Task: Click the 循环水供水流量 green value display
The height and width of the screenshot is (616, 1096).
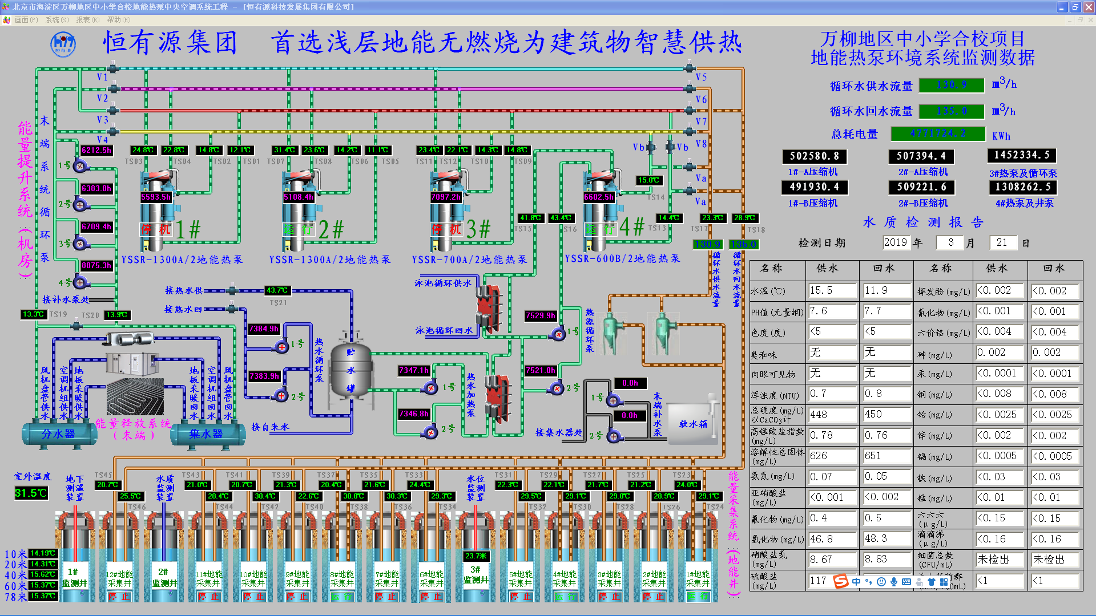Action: [952, 85]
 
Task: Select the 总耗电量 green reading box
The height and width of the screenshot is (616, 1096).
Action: [938, 133]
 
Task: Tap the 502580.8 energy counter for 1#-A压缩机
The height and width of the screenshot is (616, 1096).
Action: [814, 156]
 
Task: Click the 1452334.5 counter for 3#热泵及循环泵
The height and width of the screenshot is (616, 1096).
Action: [1021, 155]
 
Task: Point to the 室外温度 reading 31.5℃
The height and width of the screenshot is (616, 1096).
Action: [31, 493]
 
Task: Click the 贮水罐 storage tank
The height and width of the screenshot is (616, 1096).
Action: [350, 371]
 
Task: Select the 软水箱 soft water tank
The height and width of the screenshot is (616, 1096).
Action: [693, 423]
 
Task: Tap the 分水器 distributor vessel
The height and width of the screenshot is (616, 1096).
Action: [58, 434]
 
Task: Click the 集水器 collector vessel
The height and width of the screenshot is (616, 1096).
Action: [206, 434]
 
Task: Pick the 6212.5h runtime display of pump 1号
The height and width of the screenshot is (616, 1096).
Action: [96, 150]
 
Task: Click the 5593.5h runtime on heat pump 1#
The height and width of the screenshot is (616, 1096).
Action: [155, 197]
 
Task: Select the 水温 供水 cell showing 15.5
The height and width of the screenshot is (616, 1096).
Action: [832, 291]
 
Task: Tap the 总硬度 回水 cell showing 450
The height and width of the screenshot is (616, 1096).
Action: [886, 415]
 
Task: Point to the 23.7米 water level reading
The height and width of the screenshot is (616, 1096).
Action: [476, 556]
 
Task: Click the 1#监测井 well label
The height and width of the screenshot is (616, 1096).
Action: [75, 577]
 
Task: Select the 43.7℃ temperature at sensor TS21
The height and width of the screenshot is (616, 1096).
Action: [277, 290]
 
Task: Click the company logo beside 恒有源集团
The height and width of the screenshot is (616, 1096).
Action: [63, 44]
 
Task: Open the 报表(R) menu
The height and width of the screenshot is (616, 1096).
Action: [87, 20]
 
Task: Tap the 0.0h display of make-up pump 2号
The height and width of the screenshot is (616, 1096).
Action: [629, 416]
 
